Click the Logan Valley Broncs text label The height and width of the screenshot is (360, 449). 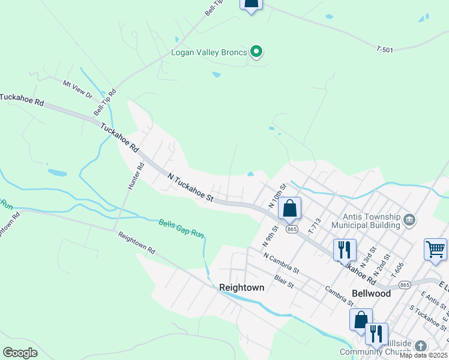(x=209, y=52)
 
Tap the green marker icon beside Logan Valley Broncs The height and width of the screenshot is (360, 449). (x=257, y=52)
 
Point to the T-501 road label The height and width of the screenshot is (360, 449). (x=385, y=49)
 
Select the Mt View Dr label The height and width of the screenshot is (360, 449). (x=78, y=88)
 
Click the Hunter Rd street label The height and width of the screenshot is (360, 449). (x=136, y=176)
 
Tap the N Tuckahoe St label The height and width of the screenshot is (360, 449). (x=191, y=187)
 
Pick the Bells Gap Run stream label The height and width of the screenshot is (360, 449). (x=182, y=228)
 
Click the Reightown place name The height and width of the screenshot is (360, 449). (x=241, y=287)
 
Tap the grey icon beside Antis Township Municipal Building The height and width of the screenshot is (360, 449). (x=410, y=219)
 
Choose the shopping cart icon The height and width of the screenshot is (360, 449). (x=435, y=249)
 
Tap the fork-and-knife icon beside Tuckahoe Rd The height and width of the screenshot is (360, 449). (x=345, y=250)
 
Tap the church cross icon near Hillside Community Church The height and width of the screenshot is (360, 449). (x=421, y=346)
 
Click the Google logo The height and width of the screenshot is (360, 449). (x=20, y=353)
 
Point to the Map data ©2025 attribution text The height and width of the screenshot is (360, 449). (x=423, y=355)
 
